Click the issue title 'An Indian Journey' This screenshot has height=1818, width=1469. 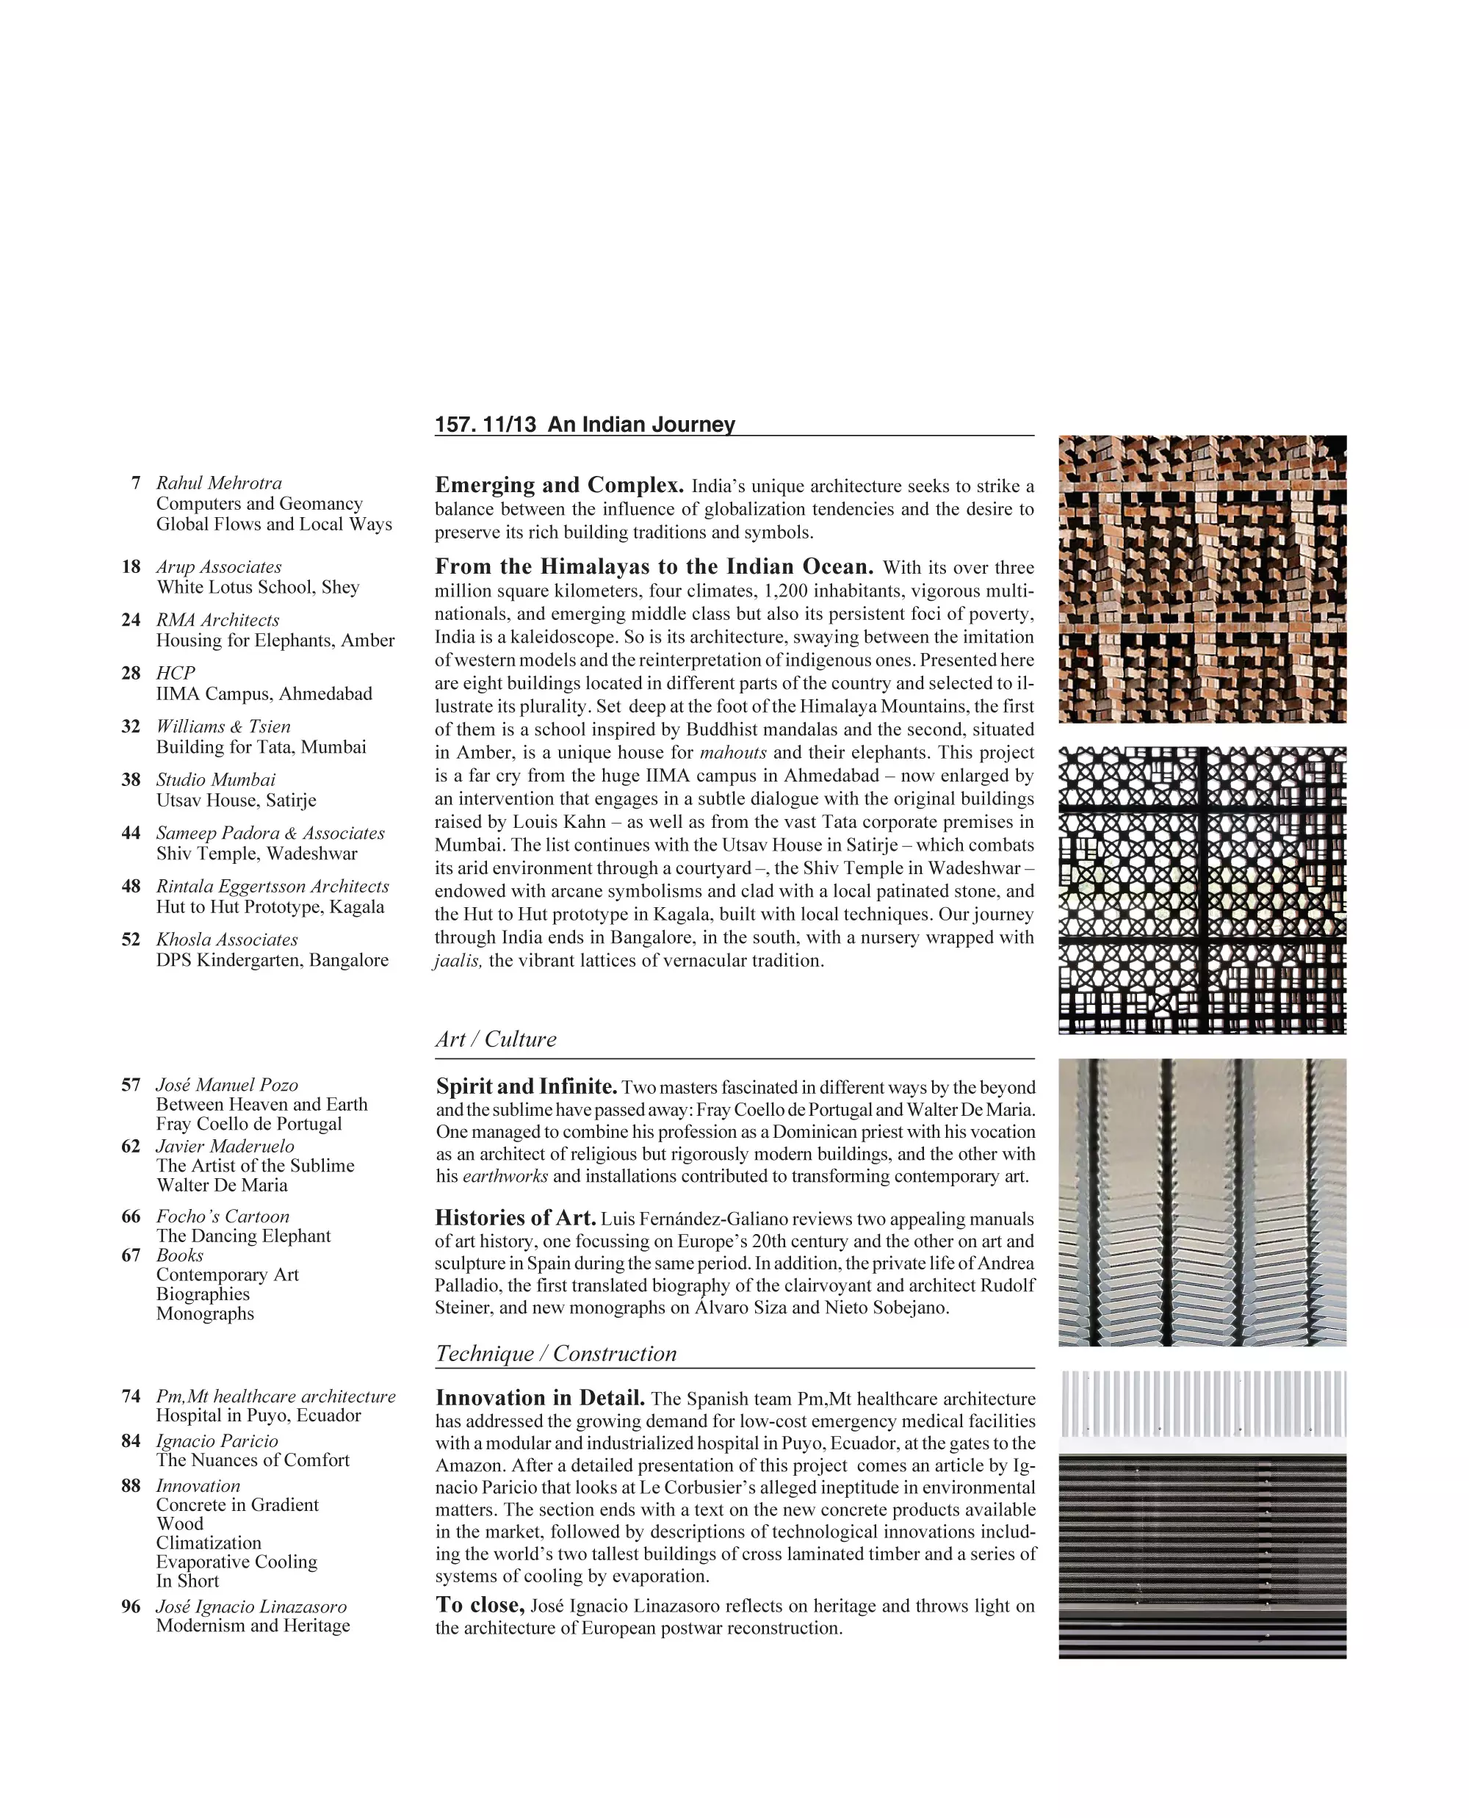pos(640,424)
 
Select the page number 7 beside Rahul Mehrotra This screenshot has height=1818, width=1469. pos(135,483)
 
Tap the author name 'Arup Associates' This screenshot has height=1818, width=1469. pos(218,566)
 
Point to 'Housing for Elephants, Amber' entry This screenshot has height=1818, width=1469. pos(275,640)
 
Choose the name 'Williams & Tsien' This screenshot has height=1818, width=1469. pos(223,726)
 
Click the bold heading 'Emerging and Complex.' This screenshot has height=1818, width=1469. pos(558,485)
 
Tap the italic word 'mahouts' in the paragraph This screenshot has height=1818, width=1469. pos(733,752)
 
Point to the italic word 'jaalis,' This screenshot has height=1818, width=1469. pos(458,961)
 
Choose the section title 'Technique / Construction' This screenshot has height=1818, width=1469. pos(556,1353)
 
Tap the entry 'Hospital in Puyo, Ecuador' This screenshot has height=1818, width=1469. pos(258,1415)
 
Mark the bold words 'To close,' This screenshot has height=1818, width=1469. pos(480,1605)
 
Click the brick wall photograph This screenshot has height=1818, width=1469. pos(1202,579)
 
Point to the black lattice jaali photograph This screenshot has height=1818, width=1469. pos(1202,890)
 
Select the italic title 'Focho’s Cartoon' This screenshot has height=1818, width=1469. pos(223,1216)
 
